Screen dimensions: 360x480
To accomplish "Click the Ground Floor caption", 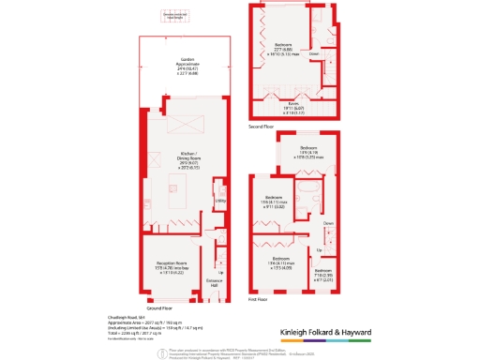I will click(159, 307).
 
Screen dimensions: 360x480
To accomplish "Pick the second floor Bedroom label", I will click(283, 45).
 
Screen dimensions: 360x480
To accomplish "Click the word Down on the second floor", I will click(314, 53).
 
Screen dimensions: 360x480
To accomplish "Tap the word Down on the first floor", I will click(328, 223).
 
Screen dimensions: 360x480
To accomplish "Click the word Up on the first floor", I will click(318, 250).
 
